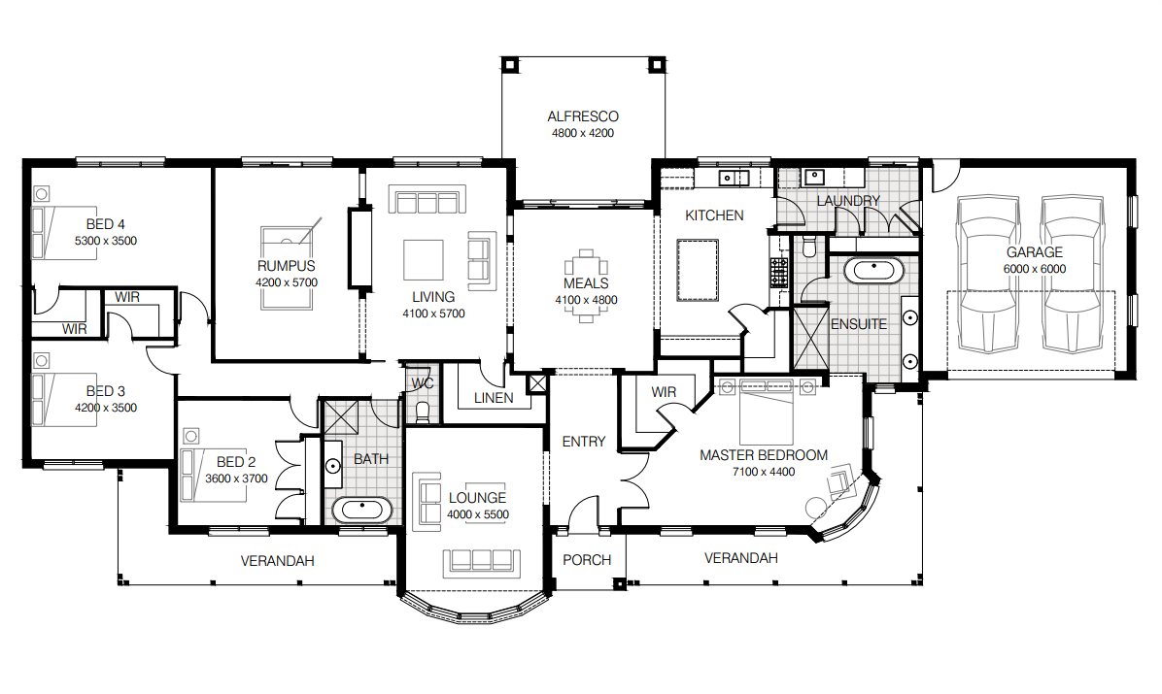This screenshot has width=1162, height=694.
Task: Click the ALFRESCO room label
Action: click(582, 116)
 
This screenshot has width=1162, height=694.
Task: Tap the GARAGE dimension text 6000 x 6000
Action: click(1034, 269)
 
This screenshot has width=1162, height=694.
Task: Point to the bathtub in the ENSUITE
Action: click(872, 271)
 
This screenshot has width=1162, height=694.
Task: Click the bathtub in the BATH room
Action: click(362, 511)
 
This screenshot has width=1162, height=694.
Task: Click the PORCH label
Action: click(587, 560)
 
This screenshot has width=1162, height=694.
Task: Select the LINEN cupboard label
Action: click(493, 398)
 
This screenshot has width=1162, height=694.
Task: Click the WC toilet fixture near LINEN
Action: click(422, 412)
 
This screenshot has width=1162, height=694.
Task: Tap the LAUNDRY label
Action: click(848, 201)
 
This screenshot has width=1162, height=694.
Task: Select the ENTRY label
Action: click(583, 442)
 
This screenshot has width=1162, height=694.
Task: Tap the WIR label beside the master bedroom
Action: click(664, 392)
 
